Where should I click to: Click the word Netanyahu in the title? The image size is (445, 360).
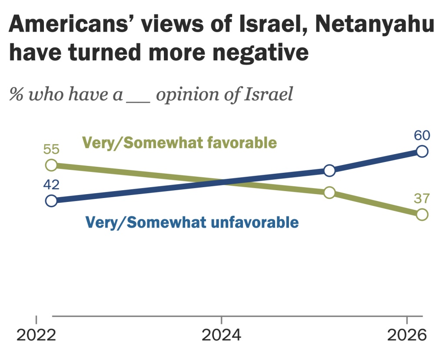tap(374, 26)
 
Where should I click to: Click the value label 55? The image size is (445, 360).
tap(51, 150)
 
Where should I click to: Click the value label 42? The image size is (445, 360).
tap(51, 185)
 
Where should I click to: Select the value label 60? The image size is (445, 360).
tap(422, 135)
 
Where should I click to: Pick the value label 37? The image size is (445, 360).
tap(422, 199)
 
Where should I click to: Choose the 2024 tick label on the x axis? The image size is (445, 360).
tap(222, 336)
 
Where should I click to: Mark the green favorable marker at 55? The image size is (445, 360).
tap(51, 165)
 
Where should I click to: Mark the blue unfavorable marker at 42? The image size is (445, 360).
tap(51, 201)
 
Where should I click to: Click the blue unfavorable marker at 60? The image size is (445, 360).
tap(422, 151)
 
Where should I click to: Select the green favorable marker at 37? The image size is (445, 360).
tap(422, 214)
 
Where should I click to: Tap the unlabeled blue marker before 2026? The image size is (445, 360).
tap(329, 170)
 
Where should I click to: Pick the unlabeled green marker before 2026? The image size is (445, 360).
tap(329, 192)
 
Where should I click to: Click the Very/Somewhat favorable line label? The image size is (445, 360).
tap(179, 142)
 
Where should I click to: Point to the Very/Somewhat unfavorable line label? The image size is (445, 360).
tap(193, 222)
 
